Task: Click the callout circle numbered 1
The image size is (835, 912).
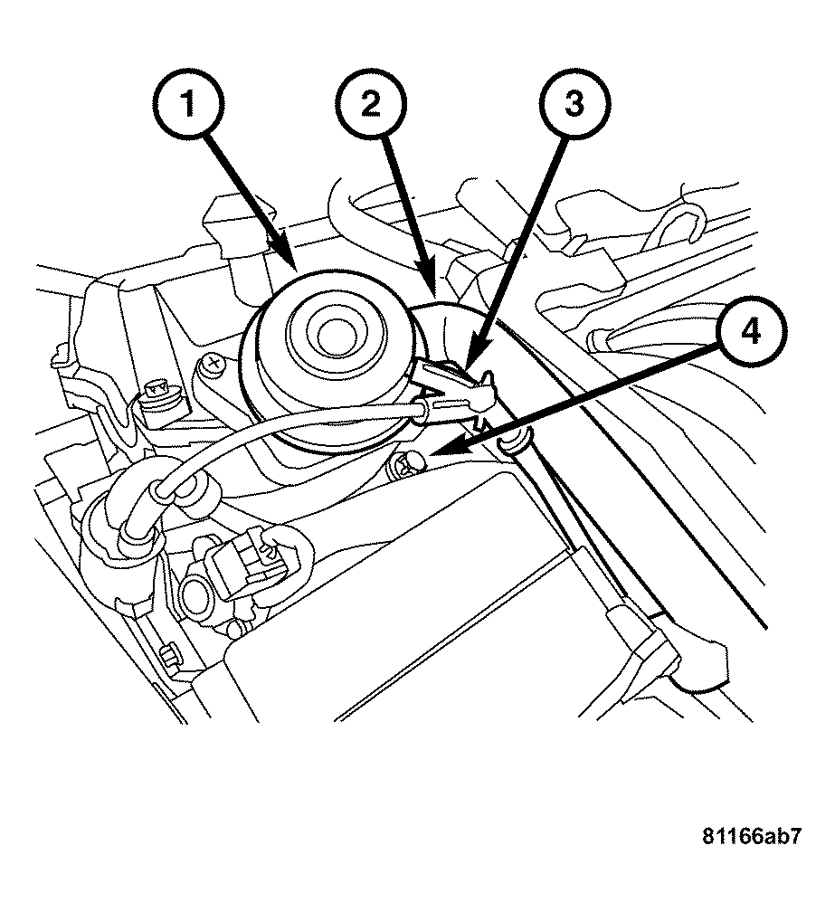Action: tap(189, 106)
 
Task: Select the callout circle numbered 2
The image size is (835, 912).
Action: tap(368, 106)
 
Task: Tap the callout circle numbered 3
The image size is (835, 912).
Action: tap(574, 106)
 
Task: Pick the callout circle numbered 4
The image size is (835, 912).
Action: tap(746, 332)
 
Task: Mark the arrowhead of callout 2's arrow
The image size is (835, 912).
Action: tap(437, 294)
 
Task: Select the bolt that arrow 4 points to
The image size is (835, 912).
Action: tap(403, 467)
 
